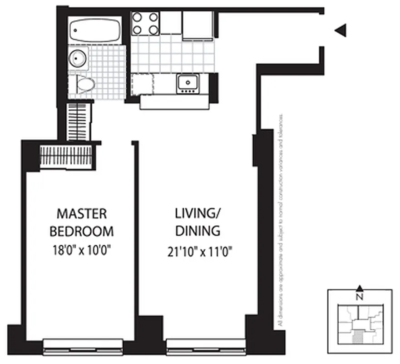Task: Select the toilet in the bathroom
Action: tap(84, 84)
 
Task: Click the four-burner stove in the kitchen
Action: tap(145, 23)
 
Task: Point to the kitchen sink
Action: tap(187, 83)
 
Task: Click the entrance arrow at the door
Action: tap(341, 30)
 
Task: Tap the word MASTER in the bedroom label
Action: tap(82, 213)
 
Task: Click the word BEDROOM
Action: tap(82, 231)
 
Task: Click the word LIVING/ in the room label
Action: tap(195, 213)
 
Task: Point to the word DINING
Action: tap(198, 231)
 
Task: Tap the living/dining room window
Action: tap(206, 346)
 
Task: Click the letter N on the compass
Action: tap(360, 298)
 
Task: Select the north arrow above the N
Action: tap(360, 288)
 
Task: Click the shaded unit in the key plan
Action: tap(358, 337)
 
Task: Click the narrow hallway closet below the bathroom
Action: tap(79, 121)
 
